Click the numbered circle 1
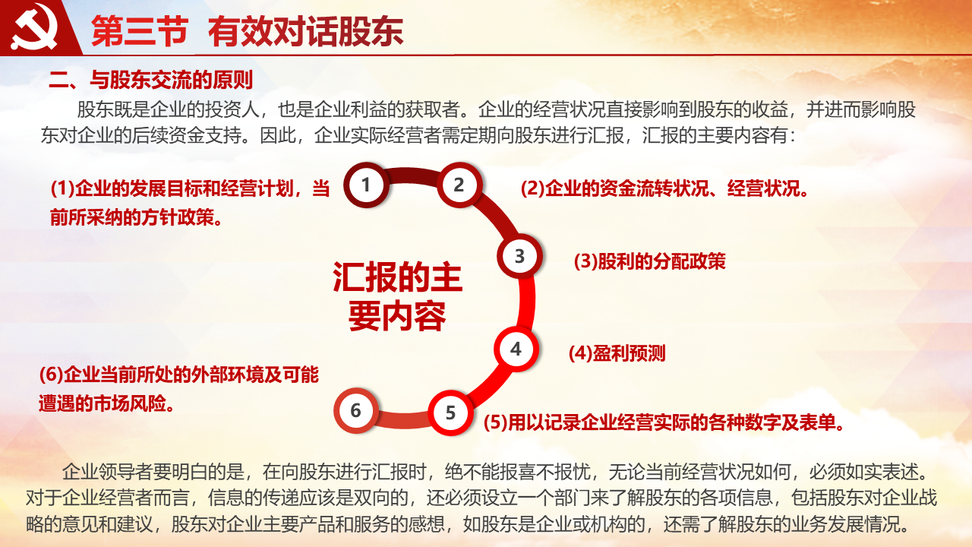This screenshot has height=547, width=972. click(x=366, y=185)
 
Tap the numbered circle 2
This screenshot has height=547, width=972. click(x=459, y=185)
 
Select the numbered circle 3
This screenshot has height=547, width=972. click(x=519, y=256)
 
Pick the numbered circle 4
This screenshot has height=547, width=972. click(x=516, y=349)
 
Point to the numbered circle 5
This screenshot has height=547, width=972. click(x=450, y=413)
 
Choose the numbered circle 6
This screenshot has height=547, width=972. click(x=356, y=410)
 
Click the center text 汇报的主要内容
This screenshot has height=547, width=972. click(x=397, y=296)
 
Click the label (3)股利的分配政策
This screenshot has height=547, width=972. click(x=649, y=261)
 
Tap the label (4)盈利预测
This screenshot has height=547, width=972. click(x=617, y=353)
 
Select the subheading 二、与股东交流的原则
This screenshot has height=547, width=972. click(x=150, y=80)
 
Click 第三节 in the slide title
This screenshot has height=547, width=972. click(x=140, y=31)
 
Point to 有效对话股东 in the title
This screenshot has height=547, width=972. click(x=306, y=31)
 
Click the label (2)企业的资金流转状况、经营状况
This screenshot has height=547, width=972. click(x=664, y=189)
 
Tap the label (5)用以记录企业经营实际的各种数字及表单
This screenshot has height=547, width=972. click(x=664, y=422)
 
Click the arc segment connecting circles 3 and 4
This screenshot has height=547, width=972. click(x=527, y=302)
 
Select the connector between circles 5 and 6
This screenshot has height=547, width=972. click(x=403, y=419)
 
